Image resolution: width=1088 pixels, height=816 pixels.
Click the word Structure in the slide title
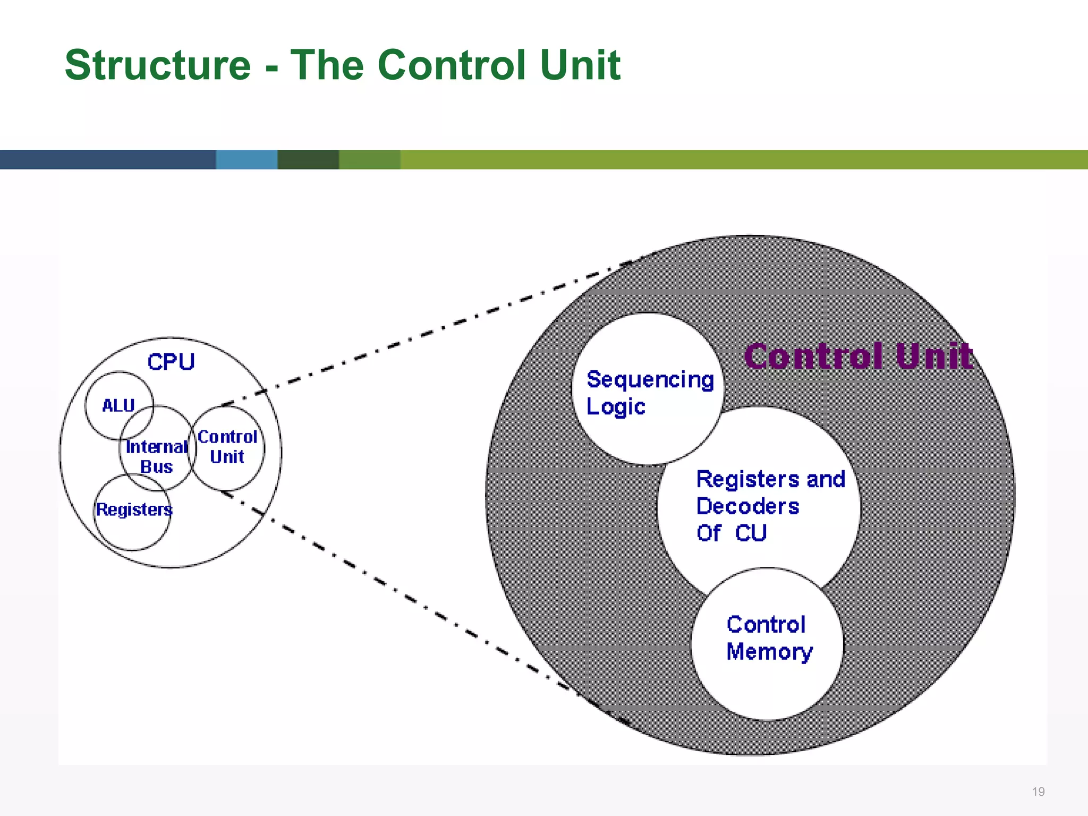coord(157,65)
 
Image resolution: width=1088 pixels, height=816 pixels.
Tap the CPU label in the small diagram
coord(171,362)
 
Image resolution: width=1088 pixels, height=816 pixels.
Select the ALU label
coord(118,406)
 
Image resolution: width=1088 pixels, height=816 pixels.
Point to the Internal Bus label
coord(156,457)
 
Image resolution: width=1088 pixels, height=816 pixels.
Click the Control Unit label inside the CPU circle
coord(227,447)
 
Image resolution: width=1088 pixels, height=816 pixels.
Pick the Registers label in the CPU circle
coord(134,509)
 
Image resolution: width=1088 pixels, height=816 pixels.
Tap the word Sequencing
coord(650,380)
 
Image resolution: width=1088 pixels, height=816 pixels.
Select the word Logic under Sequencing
coord(615,407)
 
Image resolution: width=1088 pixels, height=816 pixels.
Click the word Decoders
coord(747,506)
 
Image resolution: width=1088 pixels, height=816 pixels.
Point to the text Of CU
coord(731,533)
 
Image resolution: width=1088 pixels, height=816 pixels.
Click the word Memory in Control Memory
coord(769,652)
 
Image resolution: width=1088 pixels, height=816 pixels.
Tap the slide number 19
coord(1038,792)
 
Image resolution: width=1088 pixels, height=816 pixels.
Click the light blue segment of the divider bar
coord(246,159)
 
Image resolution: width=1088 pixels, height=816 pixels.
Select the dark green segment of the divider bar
coord(308,159)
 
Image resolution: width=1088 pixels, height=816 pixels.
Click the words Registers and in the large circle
coord(770,479)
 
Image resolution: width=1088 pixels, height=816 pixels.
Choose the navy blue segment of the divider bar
coord(106,159)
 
